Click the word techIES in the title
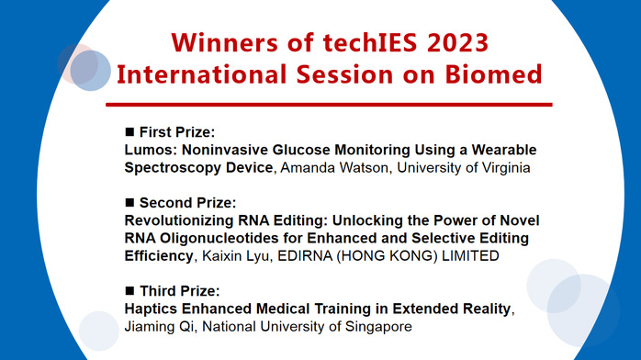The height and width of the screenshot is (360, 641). (x=346, y=43)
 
